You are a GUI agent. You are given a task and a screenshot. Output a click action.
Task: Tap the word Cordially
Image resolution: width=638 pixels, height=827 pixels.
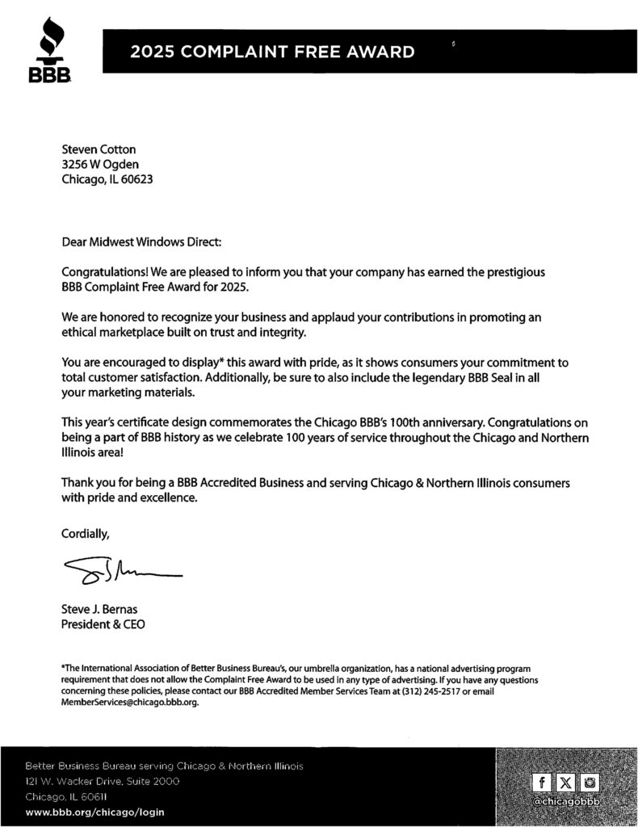pyautogui.click(x=85, y=533)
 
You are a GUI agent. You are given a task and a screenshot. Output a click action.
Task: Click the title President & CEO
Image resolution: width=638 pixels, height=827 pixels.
pyautogui.click(x=103, y=624)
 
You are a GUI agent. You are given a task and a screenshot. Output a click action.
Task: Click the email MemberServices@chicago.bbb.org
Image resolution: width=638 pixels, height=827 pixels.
pyautogui.click(x=129, y=703)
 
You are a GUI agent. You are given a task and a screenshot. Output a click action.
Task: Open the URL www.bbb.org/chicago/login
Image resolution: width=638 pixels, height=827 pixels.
pyautogui.click(x=95, y=812)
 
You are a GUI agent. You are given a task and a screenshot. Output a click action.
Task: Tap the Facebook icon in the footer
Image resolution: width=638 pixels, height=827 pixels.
pyautogui.click(x=540, y=782)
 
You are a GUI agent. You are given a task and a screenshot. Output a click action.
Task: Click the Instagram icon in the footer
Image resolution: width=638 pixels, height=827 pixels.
pyautogui.click(x=591, y=782)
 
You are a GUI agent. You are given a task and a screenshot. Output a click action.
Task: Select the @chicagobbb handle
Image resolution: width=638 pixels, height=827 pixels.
pyautogui.click(x=565, y=801)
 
